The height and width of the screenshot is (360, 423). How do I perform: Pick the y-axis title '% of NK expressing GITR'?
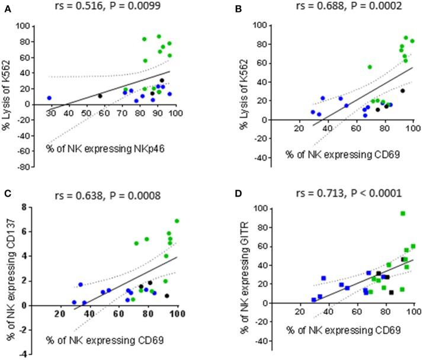click(224, 266)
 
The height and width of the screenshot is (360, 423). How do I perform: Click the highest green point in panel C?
click(176, 221)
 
